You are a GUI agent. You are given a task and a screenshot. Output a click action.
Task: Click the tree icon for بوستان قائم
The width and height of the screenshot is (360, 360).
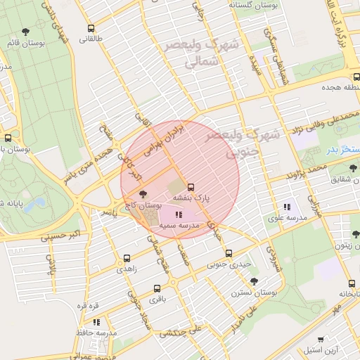click(x=26, y=32)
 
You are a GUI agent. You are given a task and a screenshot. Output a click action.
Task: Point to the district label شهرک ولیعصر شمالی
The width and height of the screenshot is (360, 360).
click(x=202, y=53)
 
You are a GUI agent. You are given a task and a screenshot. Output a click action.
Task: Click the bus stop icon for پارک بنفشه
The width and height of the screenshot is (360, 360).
click(x=191, y=187)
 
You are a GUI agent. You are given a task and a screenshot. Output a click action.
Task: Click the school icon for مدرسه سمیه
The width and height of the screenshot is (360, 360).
click(x=178, y=215)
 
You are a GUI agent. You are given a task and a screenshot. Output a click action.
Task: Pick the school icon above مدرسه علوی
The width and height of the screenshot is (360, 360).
click(x=286, y=207)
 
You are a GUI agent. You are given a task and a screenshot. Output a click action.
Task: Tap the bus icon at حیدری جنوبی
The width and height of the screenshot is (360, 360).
click(x=229, y=253)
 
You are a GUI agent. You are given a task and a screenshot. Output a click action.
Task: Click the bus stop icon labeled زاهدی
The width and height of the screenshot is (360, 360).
click(x=127, y=258)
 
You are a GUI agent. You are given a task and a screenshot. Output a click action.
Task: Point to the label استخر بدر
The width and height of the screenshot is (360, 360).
click(x=342, y=150)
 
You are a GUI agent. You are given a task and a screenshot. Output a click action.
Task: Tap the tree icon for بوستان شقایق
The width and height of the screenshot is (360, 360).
click(x=353, y=167)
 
